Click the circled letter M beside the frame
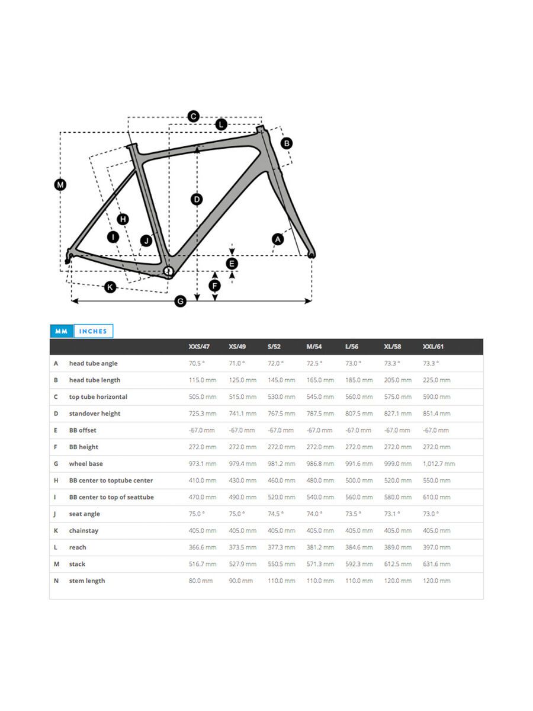tap(60, 185)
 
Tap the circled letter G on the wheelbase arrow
tap(181, 302)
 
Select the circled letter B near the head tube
tap(286, 143)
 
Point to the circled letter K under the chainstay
tap(110, 287)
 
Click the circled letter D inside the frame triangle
tap(197, 199)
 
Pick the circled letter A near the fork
tap(277, 239)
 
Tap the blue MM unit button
tap(61, 331)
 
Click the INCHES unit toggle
tap(93, 331)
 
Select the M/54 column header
tap(314, 347)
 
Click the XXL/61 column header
tap(433, 347)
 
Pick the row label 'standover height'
tap(94, 414)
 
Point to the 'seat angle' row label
tap(84, 514)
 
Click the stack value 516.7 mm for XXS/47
tap(202, 564)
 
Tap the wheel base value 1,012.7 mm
tap(439, 464)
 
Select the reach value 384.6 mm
tap(359, 547)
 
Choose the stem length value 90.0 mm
tap(240, 581)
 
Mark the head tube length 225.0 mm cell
tap(436, 380)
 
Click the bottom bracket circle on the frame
tap(168, 271)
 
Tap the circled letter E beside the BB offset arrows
tap(232, 263)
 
